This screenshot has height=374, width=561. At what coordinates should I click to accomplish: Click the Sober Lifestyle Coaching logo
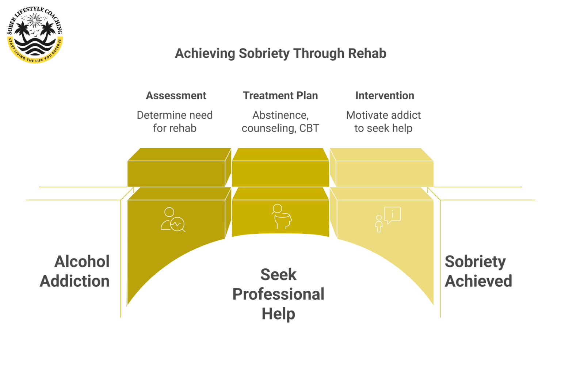coord(35,35)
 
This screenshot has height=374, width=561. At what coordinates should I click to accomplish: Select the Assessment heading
coord(176,96)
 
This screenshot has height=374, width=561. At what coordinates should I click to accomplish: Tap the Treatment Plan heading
coord(280,96)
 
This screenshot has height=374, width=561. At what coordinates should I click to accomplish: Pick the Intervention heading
coord(385,96)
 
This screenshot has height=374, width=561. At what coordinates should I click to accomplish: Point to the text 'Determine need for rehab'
coord(175,122)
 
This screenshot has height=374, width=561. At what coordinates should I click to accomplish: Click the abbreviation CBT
coord(309,128)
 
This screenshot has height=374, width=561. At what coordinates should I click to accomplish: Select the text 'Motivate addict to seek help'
coord(383,122)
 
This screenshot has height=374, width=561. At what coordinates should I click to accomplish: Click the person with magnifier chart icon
coord(173,220)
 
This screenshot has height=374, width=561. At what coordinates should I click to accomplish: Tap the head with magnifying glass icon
coord(282,216)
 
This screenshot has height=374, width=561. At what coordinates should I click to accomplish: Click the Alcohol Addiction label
coord(75,271)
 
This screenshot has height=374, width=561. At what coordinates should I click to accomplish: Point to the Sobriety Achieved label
coord(478,271)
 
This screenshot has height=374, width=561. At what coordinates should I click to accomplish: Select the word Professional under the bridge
coord(278,294)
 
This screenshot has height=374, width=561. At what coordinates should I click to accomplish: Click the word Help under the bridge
coord(278,314)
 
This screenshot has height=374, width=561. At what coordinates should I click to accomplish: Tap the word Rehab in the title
coord(367,53)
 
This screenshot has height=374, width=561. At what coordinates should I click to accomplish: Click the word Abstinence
coord(280,115)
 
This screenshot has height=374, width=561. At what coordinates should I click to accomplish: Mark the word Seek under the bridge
coord(278,275)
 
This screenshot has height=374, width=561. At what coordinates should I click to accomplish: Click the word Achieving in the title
coord(205,53)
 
